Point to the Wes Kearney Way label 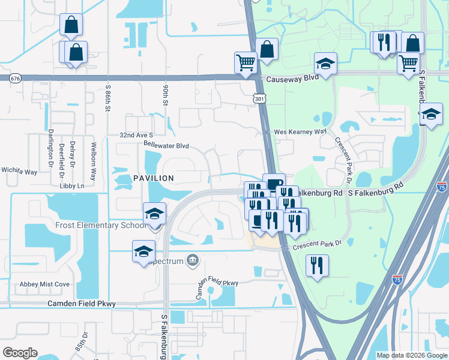pyautogui.click(x=300, y=131)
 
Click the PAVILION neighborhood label pyautogui.click(x=153, y=178)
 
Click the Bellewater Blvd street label pyautogui.click(x=166, y=146)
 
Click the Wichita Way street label pyautogui.click(x=19, y=172)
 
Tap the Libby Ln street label pyautogui.click(x=72, y=186)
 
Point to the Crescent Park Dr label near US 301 pyautogui.click(x=316, y=243)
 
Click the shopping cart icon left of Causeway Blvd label pyautogui.click(x=246, y=62)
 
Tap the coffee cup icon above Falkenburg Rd pyautogui.click(x=274, y=183)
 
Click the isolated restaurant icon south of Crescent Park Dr pyautogui.click(x=317, y=265)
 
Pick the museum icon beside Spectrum pyautogui.click(x=193, y=260)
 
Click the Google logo pyautogui.click(x=20, y=353)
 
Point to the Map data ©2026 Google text pyautogui.click(x=411, y=355)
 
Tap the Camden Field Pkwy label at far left pyautogui.click(x=82, y=304)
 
